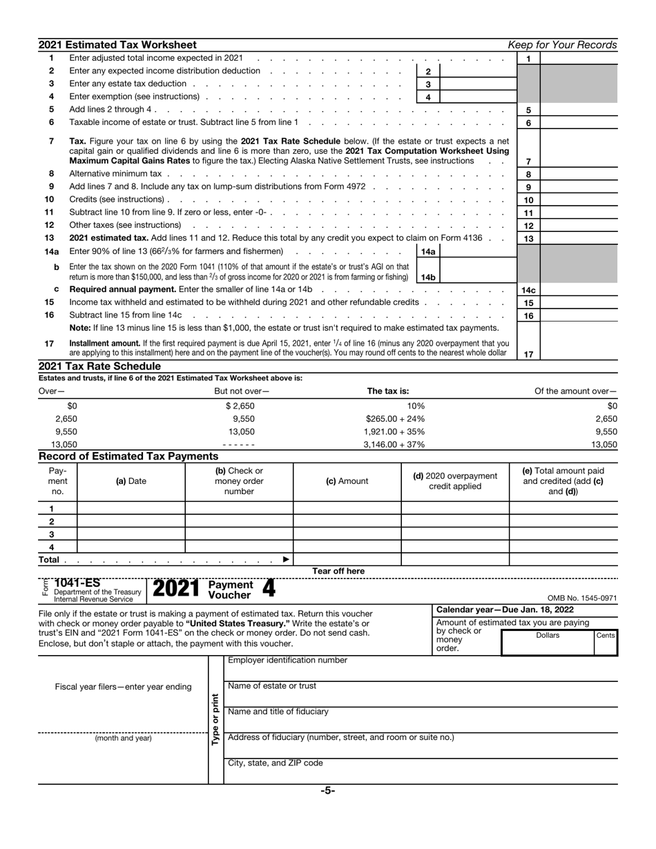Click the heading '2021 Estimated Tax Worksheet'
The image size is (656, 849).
[117, 45]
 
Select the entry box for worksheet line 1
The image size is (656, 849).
[579, 59]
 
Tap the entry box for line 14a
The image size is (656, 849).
[477, 252]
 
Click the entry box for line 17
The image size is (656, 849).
[579, 353]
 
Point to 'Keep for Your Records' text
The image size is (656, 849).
[562, 45]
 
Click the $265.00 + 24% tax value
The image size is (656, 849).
[395, 419]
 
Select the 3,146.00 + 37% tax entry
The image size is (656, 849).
[394, 445]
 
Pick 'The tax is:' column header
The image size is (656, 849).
[387, 391]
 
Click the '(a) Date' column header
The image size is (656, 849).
[131, 481]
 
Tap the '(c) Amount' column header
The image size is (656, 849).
[347, 481]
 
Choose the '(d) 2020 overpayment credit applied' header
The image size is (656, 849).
[454, 481]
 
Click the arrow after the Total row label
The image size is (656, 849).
[287, 559]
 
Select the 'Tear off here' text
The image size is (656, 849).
[338, 571]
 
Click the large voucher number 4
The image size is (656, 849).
[269, 589]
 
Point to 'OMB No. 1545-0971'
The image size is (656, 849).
[581, 598]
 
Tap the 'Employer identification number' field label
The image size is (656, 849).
[287, 661]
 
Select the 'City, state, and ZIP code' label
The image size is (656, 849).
[275, 763]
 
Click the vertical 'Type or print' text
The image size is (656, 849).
[215, 719]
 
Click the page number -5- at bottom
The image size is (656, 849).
[327, 792]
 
